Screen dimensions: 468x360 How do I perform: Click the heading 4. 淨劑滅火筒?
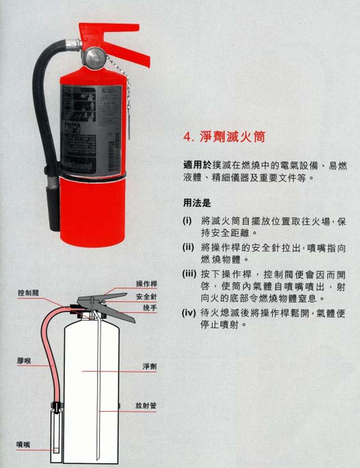point(224,137)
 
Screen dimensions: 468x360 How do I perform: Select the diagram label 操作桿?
point(147,284)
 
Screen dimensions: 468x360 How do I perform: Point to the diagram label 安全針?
point(147,297)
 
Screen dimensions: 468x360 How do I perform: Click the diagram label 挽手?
point(150,308)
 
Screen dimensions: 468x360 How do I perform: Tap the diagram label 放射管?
point(146,405)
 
